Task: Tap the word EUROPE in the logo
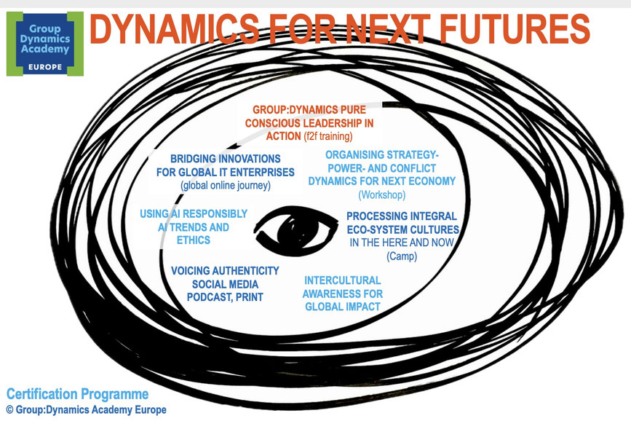(45, 67)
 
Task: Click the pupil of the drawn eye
(293, 230)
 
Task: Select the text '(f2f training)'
(328, 136)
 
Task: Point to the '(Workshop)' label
(382, 194)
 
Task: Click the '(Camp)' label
(402, 256)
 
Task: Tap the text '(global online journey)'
(226, 185)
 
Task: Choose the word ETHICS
(193, 240)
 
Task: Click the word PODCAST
(207, 297)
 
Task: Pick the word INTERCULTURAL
(343, 280)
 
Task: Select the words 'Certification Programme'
(77, 394)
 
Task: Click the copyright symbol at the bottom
(10, 410)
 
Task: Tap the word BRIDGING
(193, 159)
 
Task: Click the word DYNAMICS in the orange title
(174, 28)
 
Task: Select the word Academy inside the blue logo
(45, 49)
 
